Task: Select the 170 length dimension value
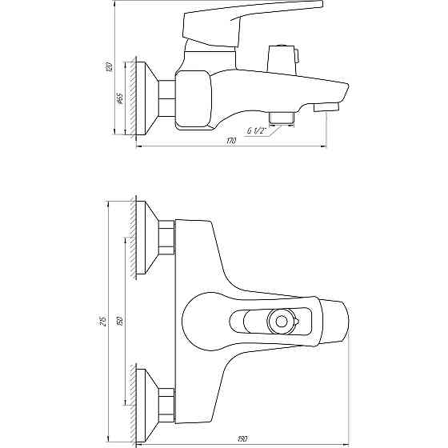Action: click(231, 141)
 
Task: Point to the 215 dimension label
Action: click(105, 321)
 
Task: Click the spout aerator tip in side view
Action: click(327, 107)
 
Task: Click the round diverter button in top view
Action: click(281, 322)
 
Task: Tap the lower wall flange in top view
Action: click(148, 403)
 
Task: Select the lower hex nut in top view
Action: click(167, 403)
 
